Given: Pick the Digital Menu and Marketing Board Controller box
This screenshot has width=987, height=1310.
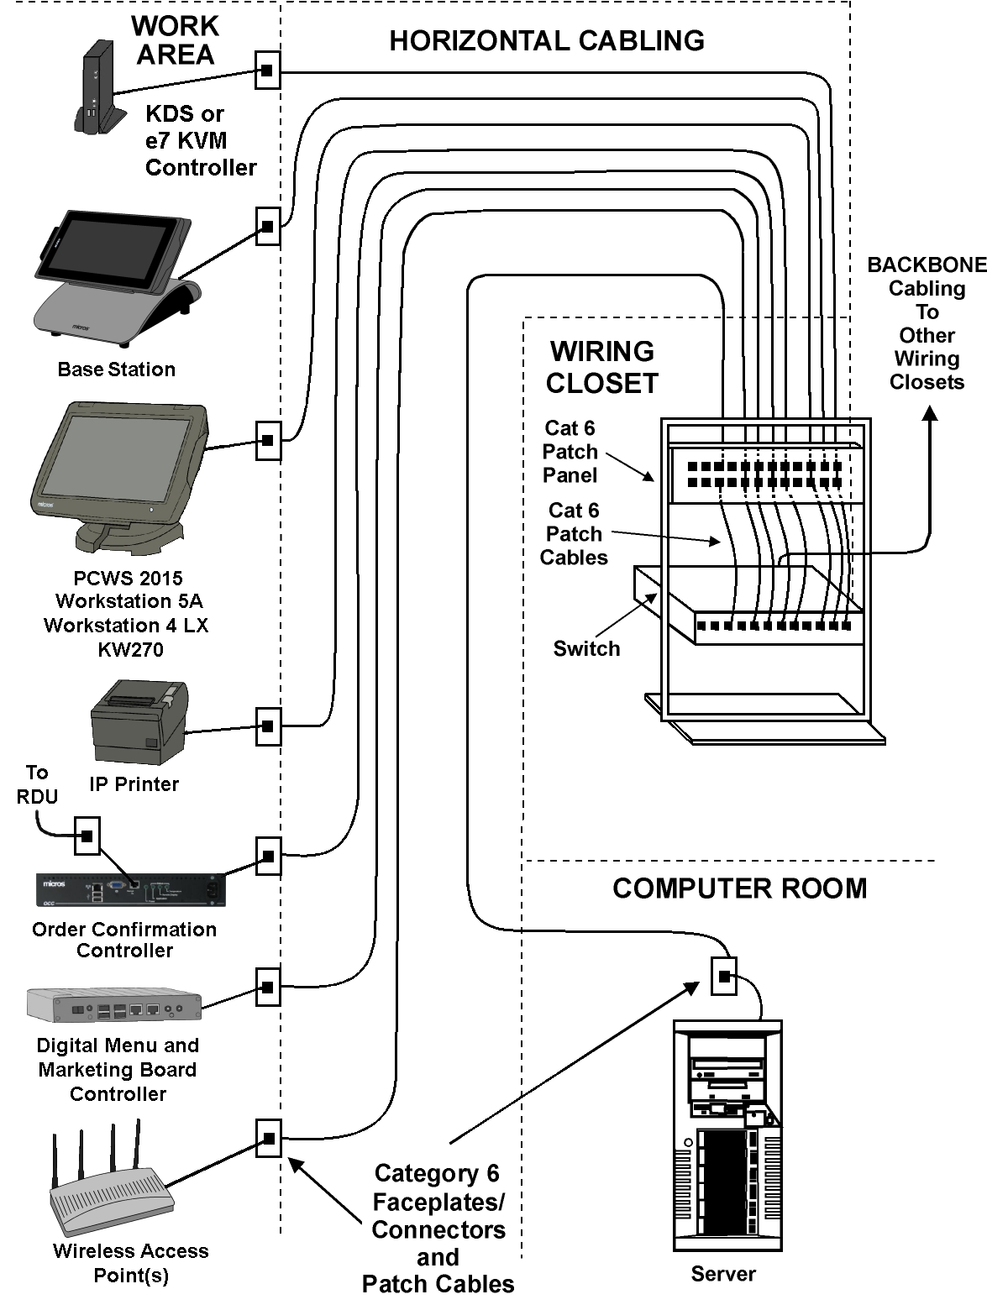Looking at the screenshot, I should pyautogui.click(x=114, y=1003).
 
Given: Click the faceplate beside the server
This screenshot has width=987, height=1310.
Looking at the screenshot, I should pyautogui.click(x=724, y=976).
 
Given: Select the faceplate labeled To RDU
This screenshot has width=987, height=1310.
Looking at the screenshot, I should pyautogui.click(x=87, y=836).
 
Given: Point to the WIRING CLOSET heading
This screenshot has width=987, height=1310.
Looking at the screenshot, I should pyautogui.click(x=602, y=367).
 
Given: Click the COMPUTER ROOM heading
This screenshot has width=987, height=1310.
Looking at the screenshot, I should pyautogui.click(x=739, y=888).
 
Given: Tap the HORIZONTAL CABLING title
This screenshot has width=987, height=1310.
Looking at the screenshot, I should pyautogui.click(x=547, y=40).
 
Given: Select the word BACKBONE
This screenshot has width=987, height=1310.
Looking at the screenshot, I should pyautogui.click(x=927, y=265).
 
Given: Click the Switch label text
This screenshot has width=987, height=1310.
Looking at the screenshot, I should pyautogui.click(x=586, y=648).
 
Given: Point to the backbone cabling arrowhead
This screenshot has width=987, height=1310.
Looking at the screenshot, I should pyautogui.click(x=930, y=414).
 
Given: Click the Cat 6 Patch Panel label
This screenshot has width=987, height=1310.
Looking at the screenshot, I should pyautogui.click(x=570, y=452).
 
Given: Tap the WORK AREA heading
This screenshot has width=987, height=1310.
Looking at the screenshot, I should pyautogui.click(x=175, y=40).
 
